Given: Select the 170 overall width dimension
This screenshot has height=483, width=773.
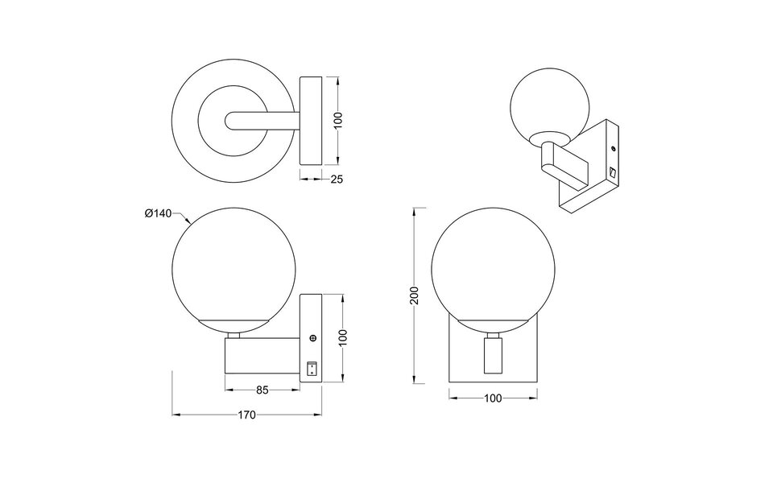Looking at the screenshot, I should coord(247,415).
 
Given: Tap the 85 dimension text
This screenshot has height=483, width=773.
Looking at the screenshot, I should coord(262,390).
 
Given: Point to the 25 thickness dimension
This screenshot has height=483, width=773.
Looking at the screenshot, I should coord(337,179).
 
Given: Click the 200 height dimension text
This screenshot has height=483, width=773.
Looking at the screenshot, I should coord(414,295).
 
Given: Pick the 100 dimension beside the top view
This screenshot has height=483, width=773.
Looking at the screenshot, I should coord(338,121).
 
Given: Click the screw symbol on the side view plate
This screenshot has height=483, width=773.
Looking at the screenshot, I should coord(312,341).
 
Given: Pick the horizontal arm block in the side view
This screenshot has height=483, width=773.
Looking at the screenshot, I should coord(262,356).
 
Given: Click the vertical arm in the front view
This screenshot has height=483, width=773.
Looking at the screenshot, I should coord(490,356).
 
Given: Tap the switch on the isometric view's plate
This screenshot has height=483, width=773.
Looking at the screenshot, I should coord(611,172).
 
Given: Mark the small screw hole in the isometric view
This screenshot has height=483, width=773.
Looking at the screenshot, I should coord(614,149).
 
